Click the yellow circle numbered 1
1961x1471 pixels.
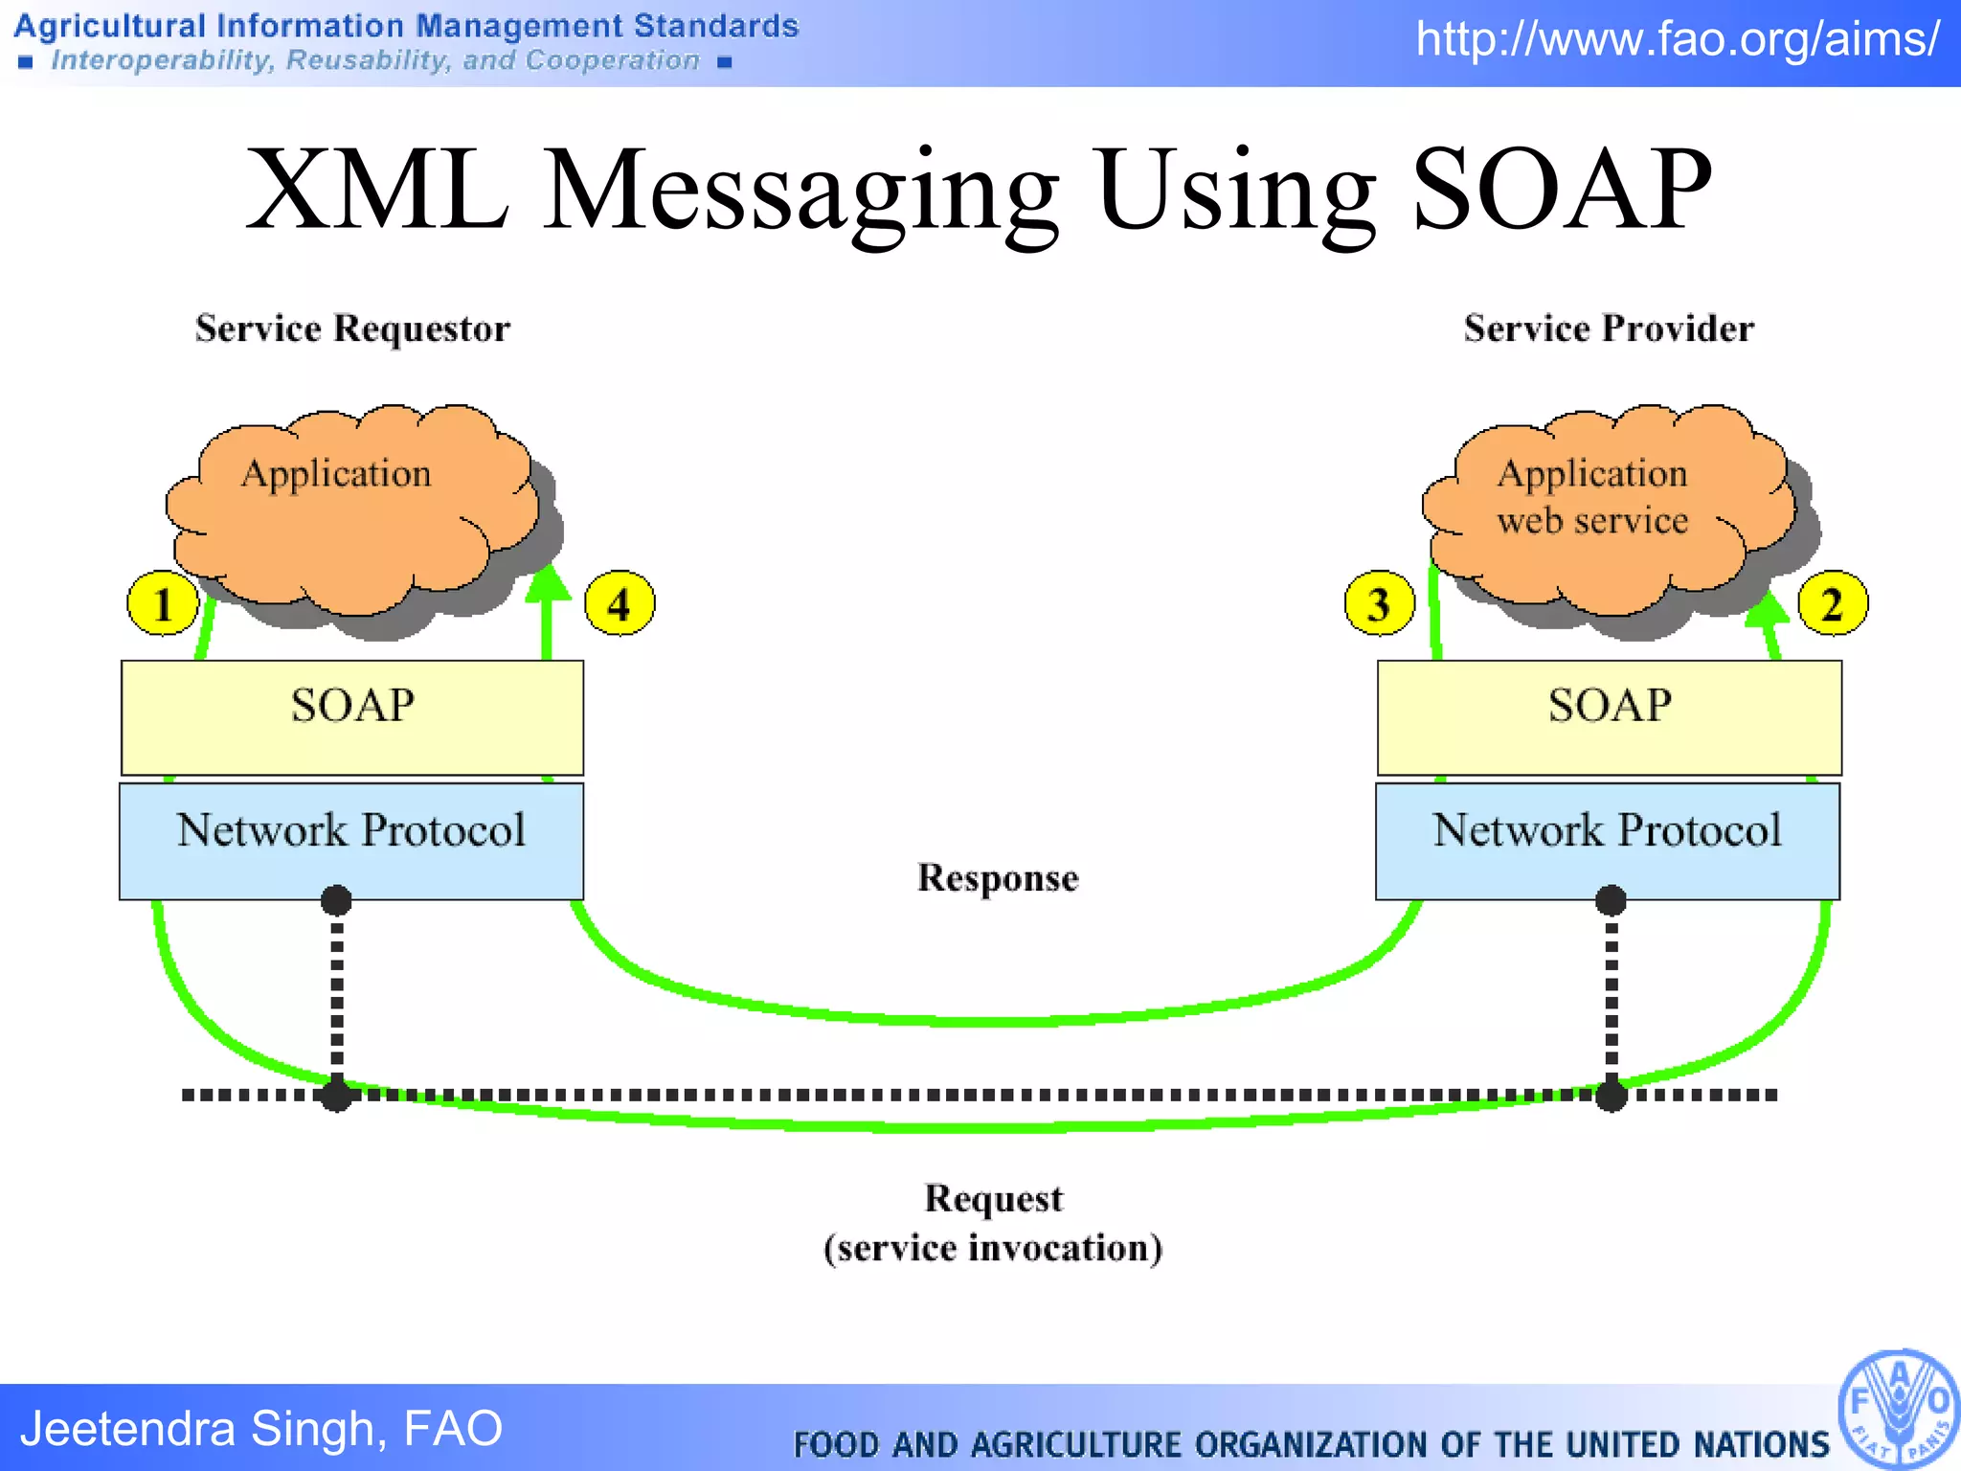(163, 603)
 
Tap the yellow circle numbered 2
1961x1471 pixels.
(1833, 603)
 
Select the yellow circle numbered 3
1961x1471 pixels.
(1380, 603)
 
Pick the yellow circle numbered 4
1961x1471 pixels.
(620, 603)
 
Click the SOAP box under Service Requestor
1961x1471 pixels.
(352, 716)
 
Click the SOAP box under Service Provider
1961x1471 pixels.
(1610, 716)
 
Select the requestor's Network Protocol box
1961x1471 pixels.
(351, 840)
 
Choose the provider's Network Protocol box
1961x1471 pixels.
(1608, 840)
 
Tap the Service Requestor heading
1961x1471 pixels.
(352, 328)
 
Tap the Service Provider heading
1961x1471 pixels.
(1609, 328)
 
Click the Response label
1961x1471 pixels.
(998, 877)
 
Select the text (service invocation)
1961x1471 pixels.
(993, 1248)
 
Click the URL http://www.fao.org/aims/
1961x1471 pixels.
(1678, 39)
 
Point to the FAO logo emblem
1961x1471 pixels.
(1899, 1410)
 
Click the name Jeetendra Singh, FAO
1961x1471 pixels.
(261, 1428)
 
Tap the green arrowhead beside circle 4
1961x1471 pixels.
(548, 583)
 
